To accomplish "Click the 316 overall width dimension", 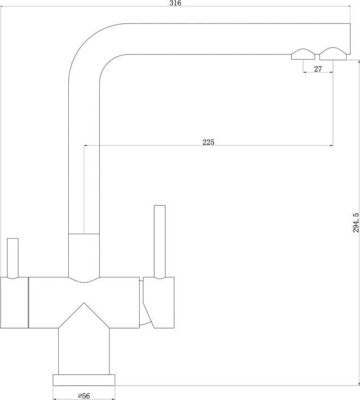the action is pyautogui.click(x=175, y=3).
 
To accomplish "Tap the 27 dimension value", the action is pyautogui.click(x=318, y=69).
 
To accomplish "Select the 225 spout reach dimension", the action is pyautogui.click(x=209, y=142).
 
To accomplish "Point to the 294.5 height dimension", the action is pyautogui.click(x=356, y=223).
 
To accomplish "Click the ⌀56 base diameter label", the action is pyautogui.click(x=84, y=396).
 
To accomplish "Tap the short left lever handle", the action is pyautogui.click(x=13, y=258).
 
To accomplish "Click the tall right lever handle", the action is pyautogui.click(x=159, y=242).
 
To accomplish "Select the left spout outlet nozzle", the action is pyautogui.click(x=303, y=54).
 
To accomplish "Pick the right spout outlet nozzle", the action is pyautogui.click(x=333, y=53).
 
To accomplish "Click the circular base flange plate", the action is pyautogui.click(x=84, y=380).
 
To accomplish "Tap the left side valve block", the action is pyautogui.click(x=14, y=302).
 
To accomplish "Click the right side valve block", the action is pyautogui.click(x=159, y=302).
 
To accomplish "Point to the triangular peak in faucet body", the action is pyautogui.click(x=84, y=303).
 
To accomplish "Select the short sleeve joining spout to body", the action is pyautogui.click(x=84, y=255).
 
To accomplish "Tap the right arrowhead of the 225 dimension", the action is pyautogui.click(x=331, y=146).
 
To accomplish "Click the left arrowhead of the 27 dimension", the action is pyautogui.click(x=305, y=73).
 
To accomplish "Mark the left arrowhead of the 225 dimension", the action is pyautogui.click(x=86, y=146).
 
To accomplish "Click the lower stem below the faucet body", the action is pyautogui.click(x=84, y=351).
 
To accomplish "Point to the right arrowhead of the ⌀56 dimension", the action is pyautogui.click(x=113, y=399).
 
